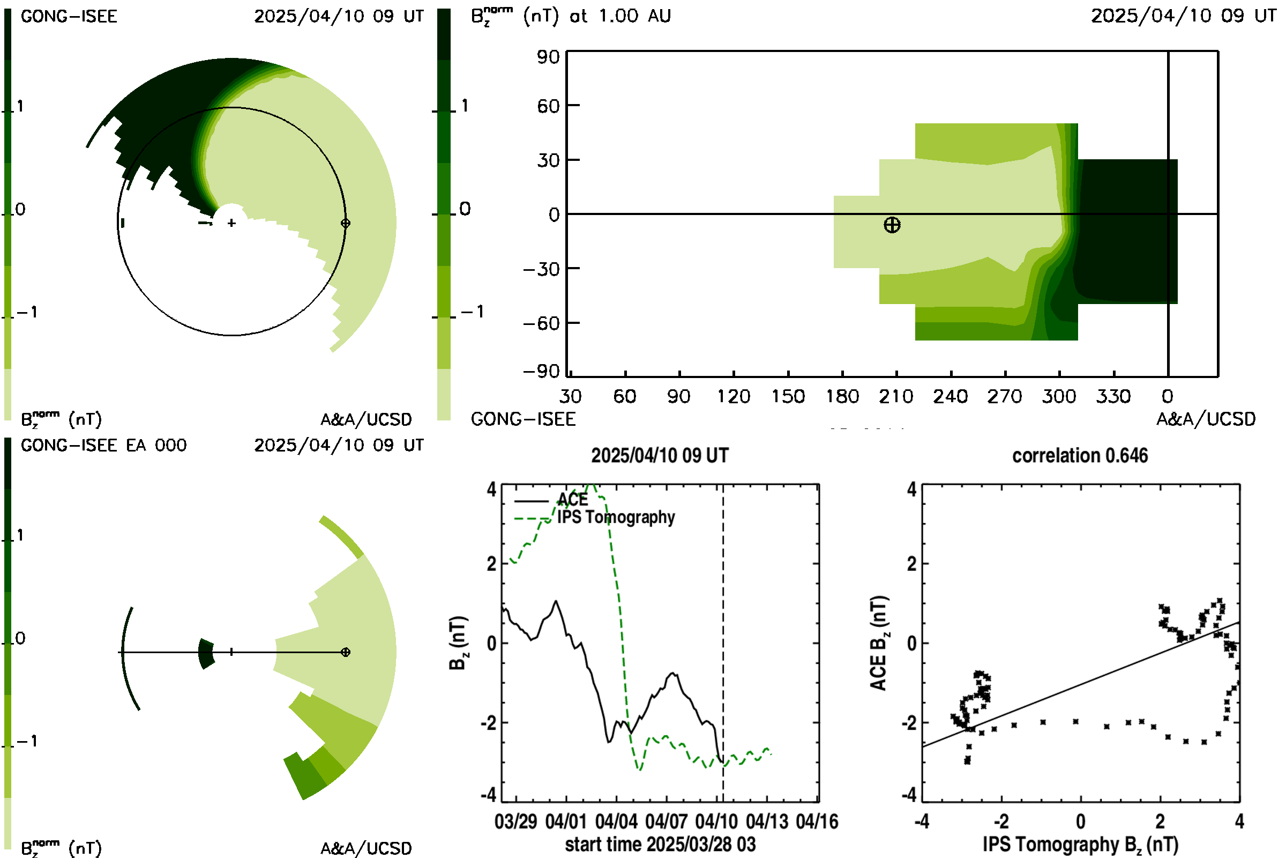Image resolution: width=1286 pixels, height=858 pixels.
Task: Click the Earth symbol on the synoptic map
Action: pos(892,225)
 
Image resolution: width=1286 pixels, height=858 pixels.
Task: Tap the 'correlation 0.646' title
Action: pos(1080,455)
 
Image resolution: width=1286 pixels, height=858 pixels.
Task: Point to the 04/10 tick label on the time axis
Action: pos(716,821)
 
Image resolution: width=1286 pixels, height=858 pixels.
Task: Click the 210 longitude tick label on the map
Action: pos(896,396)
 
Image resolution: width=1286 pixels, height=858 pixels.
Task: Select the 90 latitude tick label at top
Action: pos(548,57)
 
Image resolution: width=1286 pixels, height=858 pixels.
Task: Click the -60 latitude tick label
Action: pos(541,323)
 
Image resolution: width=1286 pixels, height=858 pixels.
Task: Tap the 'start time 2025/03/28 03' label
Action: pos(660,844)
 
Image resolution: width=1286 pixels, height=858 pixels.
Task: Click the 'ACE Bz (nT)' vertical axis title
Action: pos(878,643)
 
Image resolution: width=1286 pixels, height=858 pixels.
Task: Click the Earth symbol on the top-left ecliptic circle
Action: pos(345,223)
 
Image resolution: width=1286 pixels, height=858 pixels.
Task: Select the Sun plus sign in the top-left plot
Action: pos(232,223)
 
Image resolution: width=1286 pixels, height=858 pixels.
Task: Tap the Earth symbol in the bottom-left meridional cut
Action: pos(345,652)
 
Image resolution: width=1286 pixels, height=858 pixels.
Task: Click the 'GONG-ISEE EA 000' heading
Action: pos(103,446)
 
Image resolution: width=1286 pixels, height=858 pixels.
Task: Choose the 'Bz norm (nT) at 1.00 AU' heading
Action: pos(571,16)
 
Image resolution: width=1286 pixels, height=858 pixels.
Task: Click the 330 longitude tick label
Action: pos(1113,396)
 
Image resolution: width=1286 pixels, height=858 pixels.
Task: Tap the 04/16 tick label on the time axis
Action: pos(817,821)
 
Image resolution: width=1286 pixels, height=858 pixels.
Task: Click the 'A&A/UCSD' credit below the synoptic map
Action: pos(1206,419)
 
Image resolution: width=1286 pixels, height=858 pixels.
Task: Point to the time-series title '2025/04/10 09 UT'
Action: pos(660,455)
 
